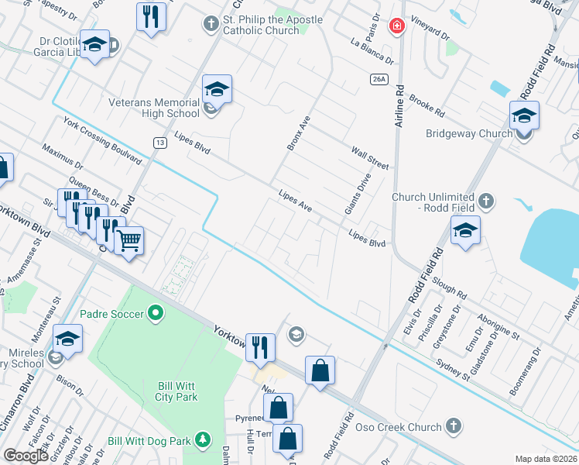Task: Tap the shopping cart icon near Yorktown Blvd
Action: click(129, 240)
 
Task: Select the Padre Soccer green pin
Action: click(156, 314)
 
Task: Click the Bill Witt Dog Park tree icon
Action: click(203, 440)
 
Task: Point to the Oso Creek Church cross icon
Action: click(454, 426)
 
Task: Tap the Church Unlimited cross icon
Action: click(485, 202)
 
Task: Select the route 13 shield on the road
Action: click(159, 143)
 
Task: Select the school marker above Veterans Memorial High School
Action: click(218, 90)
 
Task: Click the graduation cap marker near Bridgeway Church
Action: click(524, 116)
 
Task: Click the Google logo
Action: click(26, 456)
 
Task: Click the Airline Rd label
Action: click(399, 107)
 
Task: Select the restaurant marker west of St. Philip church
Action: click(151, 16)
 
